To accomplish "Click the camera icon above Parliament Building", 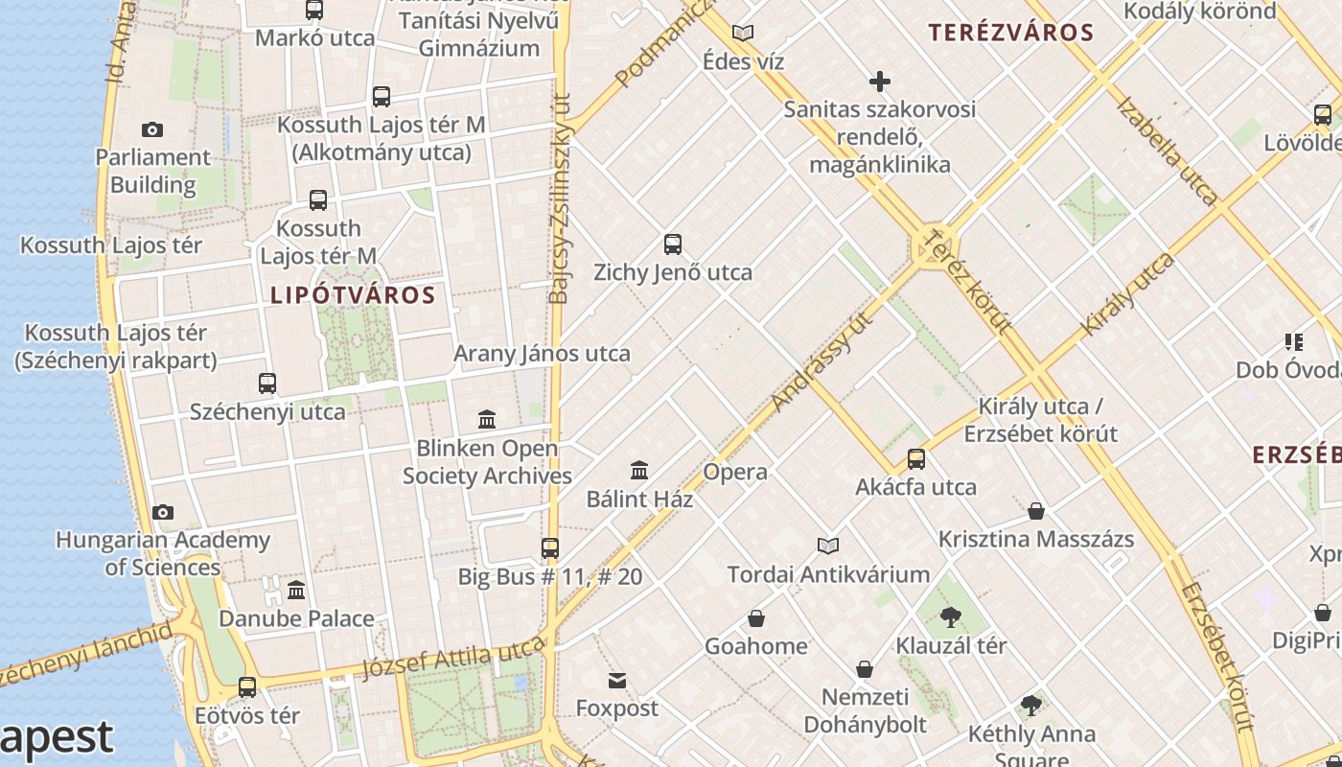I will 151,129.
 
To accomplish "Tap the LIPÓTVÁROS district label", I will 353,295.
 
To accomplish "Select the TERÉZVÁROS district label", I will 1011,33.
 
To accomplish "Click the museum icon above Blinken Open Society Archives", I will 487,419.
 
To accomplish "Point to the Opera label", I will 735,472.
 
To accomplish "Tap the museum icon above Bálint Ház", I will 639,470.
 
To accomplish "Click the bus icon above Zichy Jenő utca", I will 673,244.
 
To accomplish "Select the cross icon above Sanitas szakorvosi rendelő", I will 879,81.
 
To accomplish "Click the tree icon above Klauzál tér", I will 951,616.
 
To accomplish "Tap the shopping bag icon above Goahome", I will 756,618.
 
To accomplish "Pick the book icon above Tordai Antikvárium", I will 828,546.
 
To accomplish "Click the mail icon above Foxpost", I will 617,681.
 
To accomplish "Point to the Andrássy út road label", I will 821,361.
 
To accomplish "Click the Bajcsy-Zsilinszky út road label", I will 560,197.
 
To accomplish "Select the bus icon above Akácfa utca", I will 916,459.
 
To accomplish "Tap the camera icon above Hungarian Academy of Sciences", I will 163,512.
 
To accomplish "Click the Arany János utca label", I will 542,354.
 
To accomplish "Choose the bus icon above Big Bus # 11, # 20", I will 550,548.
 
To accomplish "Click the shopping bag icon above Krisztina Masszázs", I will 1036,511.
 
